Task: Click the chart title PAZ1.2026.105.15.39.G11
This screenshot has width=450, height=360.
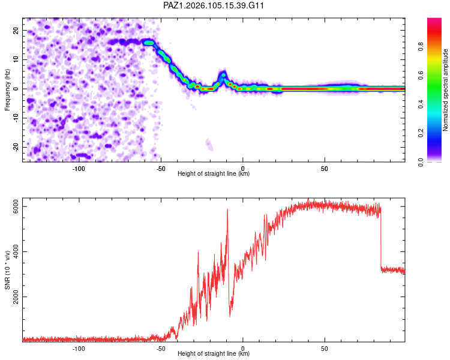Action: pos(213,5)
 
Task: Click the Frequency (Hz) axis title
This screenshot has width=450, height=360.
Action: pos(7,90)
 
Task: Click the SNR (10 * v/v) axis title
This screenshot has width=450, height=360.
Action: pos(7,270)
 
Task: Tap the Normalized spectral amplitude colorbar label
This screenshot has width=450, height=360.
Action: pos(445,90)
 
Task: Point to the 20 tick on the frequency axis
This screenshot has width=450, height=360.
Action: pos(16,31)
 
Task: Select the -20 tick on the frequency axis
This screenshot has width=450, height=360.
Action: pos(16,147)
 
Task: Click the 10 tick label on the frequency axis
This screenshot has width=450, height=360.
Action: pos(16,59)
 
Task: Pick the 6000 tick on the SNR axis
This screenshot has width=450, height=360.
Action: pos(16,207)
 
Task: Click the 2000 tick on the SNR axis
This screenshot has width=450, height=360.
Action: pos(16,297)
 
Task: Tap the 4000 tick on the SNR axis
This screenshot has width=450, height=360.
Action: pos(16,252)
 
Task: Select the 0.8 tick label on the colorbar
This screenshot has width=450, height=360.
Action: pos(421,47)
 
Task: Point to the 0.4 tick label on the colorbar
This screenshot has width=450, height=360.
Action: pos(421,104)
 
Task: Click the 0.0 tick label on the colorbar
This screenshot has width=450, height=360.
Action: pos(421,162)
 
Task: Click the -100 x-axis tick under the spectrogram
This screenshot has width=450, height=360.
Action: pos(79,169)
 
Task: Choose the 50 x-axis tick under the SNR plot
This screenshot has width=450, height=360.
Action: pos(324,349)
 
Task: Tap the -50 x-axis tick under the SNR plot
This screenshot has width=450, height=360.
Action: pos(160,349)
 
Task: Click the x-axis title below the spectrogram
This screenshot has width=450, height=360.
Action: pos(214,173)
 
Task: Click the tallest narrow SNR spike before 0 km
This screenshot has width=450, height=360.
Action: pos(227,209)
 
